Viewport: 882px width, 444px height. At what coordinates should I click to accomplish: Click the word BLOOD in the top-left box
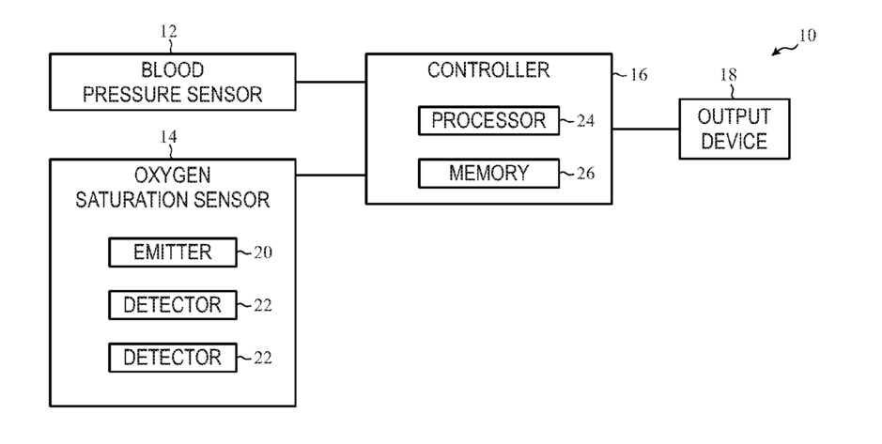tap(172, 70)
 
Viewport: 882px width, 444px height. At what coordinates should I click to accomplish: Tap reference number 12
tap(168, 32)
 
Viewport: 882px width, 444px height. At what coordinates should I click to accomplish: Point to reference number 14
tap(168, 137)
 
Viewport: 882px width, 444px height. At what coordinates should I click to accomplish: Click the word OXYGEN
tap(172, 176)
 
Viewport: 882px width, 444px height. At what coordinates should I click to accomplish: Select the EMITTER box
tap(173, 253)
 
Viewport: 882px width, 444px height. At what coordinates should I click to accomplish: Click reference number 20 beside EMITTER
tap(263, 253)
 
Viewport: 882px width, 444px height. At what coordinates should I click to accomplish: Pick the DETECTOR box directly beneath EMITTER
tap(173, 305)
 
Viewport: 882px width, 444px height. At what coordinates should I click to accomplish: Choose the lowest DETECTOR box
tap(173, 358)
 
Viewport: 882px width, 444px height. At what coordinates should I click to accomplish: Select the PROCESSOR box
tap(488, 121)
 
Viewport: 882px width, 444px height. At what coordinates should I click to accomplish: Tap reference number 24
tap(585, 121)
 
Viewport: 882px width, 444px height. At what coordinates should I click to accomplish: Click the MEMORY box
tap(488, 173)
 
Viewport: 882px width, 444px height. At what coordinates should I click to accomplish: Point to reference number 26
tap(585, 173)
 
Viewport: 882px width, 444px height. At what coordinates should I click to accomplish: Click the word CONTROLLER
tap(488, 70)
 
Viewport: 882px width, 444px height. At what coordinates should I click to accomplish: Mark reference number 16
tap(639, 75)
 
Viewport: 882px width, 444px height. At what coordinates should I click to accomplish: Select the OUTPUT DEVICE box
tap(735, 129)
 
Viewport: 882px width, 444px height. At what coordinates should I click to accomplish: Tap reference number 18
tap(729, 75)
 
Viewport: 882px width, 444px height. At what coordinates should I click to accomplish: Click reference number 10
tap(807, 36)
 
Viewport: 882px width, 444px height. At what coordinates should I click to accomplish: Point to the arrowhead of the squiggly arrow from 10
tap(775, 54)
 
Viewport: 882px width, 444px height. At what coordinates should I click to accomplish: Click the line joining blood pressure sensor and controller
tap(331, 82)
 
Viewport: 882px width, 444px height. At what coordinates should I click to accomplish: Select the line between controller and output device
tap(645, 129)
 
